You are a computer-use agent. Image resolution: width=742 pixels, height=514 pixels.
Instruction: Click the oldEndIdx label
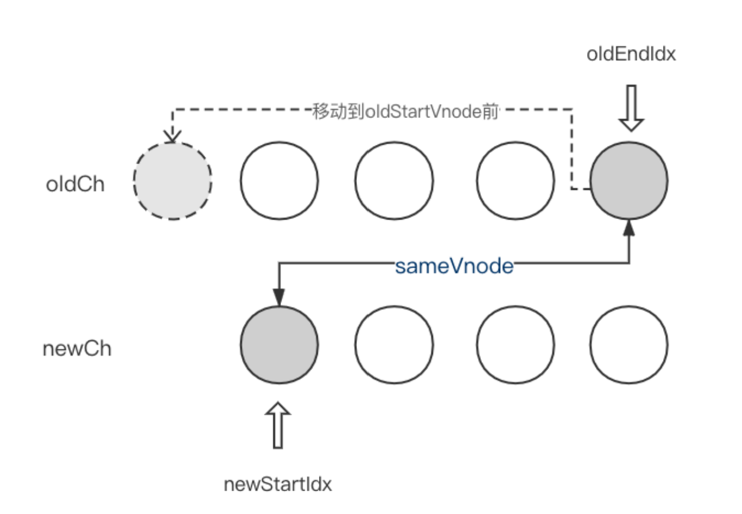tap(631, 54)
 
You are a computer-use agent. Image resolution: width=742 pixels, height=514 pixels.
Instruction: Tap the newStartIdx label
tap(278, 485)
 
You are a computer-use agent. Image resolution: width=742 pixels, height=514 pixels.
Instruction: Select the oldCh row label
tap(75, 184)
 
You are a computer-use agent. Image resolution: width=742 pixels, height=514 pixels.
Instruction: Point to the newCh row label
tap(77, 349)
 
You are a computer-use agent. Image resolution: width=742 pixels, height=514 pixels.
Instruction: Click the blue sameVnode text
tap(454, 266)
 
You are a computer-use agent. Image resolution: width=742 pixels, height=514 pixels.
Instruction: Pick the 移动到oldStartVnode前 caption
tap(405, 112)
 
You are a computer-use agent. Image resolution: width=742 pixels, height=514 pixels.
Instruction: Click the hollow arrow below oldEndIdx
tap(632, 108)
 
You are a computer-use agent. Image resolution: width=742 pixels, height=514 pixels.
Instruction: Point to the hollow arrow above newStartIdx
tap(278, 426)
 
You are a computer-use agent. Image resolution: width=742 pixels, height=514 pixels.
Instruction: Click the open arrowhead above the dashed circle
tap(172, 136)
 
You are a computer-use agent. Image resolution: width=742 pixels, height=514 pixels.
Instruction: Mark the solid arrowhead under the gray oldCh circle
tap(629, 228)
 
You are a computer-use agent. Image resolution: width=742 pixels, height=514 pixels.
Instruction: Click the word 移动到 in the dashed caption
tap(338, 112)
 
